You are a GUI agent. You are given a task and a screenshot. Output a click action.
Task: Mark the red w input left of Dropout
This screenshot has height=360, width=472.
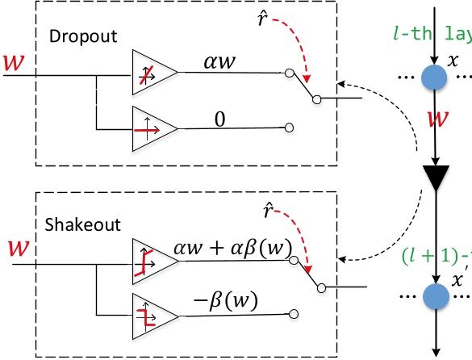click(x=13, y=62)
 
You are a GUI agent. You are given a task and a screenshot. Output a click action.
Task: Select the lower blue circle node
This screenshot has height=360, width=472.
click(x=436, y=296)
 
